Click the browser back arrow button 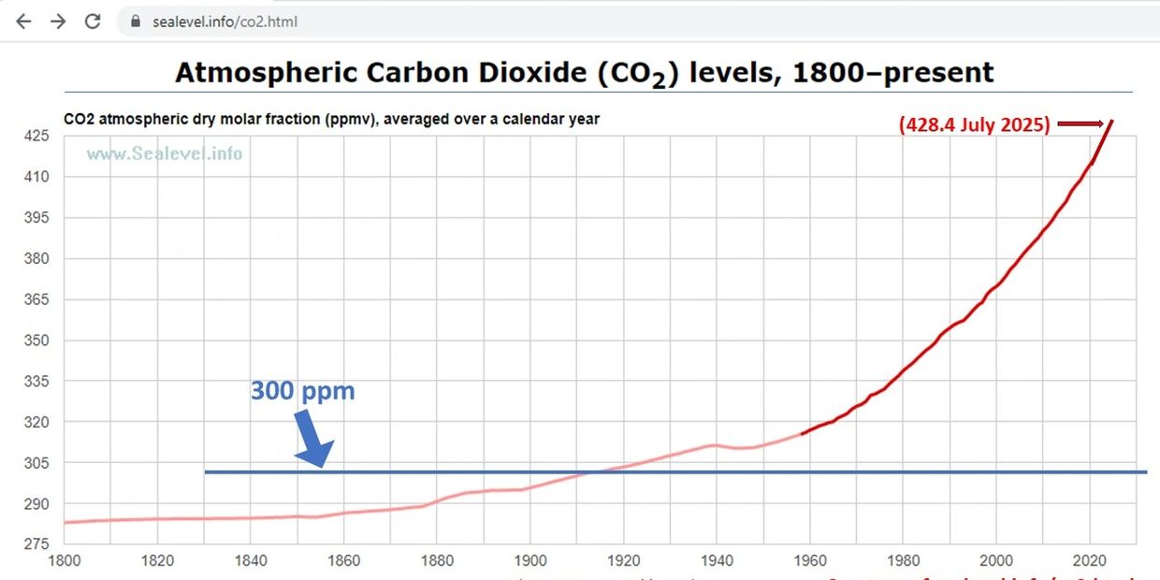(x=23, y=21)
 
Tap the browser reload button (x=93, y=21)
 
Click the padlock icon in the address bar (x=136, y=21)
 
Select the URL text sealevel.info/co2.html (x=225, y=21)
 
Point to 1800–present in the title (x=892, y=72)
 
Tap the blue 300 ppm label (x=302, y=390)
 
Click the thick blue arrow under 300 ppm (x=312, y=439)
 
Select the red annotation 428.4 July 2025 (x=974, y=124)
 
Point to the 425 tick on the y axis (x=36, y=136)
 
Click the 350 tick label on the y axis (x=36, y=341)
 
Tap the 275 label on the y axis (x=36, y=544)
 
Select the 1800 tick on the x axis (x=64, y=561)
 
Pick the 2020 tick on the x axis (x=1089, y=561)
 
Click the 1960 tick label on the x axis (x=809, y=561)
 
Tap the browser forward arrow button (x=58, y=21)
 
